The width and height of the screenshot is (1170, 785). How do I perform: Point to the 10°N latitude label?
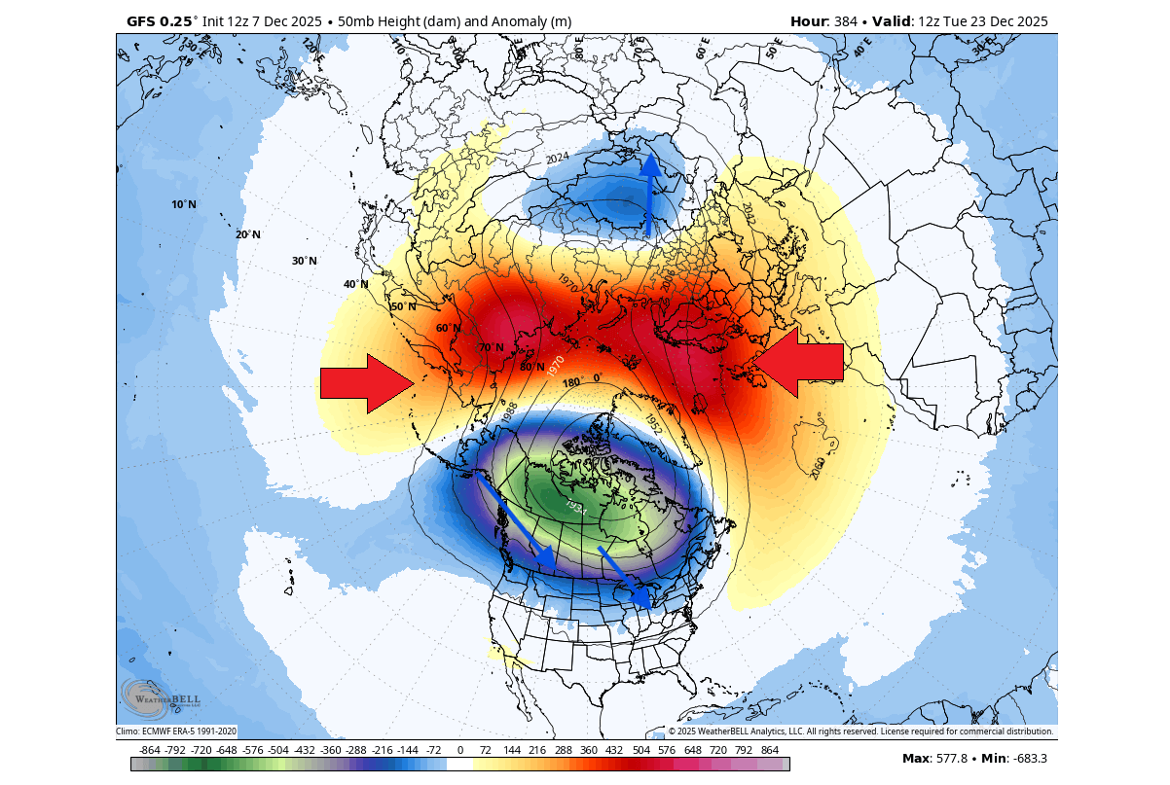[x=183, y=204]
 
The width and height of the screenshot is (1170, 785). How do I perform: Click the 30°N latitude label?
[x=305, y=261]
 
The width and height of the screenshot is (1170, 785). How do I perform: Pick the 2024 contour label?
[x=557, y=159]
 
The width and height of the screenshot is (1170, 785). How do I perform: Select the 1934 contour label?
[x=575, y=508]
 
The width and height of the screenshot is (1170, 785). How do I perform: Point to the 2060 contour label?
[x=817, y=468]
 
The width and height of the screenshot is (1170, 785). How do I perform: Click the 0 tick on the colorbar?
[x=459, y=751]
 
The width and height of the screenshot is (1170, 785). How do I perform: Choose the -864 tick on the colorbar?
[x=149, y=751]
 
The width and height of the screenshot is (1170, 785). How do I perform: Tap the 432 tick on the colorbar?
[x=614, y=751]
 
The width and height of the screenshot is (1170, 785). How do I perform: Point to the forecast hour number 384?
[x=846, y=21]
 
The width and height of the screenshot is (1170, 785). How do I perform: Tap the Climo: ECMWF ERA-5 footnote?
[x=176, y=731]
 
